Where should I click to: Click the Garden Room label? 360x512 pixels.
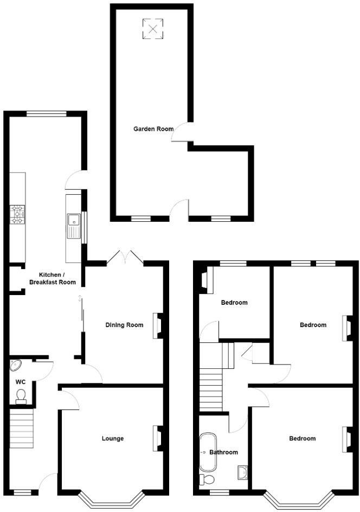[x=153, y=129]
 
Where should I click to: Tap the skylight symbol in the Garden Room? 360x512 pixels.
[x=152, y=29]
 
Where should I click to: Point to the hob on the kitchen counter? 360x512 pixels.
[x=17, y=214]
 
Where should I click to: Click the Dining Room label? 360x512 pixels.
[x=124, y=325]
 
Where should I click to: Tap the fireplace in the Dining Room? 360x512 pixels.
[x=158, y=325]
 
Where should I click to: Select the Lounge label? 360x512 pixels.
[x=113, y=438]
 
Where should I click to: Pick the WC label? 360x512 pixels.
[x=21, y=382]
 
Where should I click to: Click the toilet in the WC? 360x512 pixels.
[x=21, y=400]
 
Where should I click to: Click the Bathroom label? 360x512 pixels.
[x=224, y=452]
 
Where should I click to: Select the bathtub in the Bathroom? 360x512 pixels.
[x=208, y=452]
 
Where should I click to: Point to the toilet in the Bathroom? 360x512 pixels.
[x=207, y=479]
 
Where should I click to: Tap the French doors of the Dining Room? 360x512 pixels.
[x=125, y=257]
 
